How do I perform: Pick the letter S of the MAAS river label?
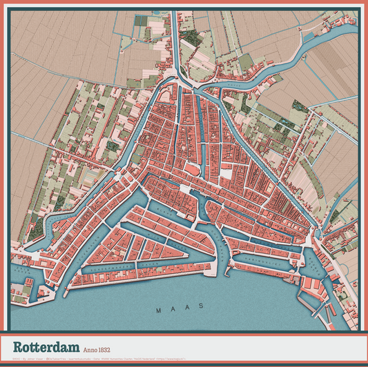click(202, 305)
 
